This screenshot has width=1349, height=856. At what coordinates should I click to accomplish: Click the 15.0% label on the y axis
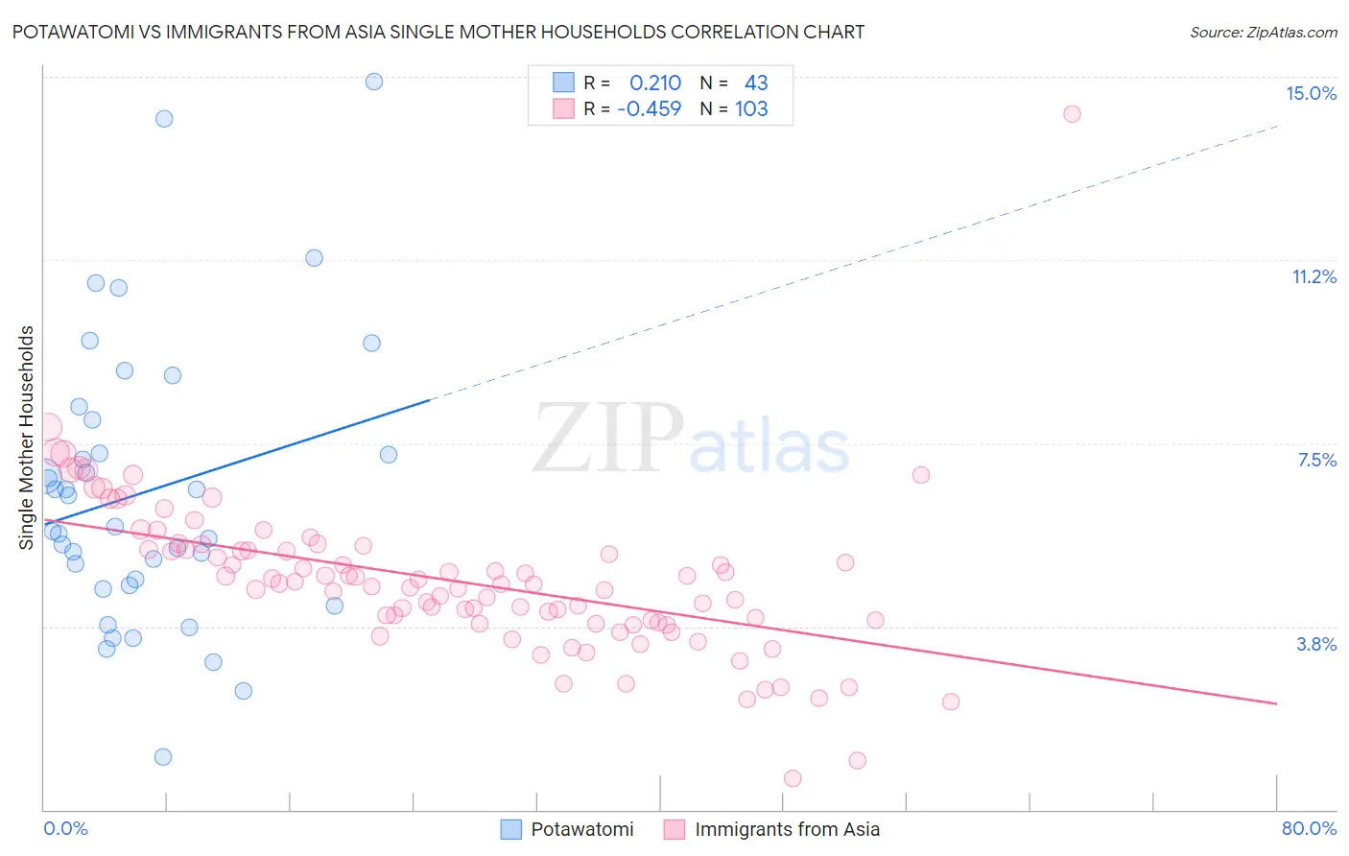click(1310, 93)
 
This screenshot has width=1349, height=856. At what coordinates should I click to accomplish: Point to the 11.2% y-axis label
click(1313, 277)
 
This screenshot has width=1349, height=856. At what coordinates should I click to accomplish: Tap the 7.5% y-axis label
click(1315, 461)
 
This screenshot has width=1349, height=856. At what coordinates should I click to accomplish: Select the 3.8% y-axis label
click(1315, 645)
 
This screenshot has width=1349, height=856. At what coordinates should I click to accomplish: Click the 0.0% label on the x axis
click(65, 828)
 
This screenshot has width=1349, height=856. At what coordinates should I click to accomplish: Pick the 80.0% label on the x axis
click(1308, 828)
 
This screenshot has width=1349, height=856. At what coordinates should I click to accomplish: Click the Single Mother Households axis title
click(27, 438)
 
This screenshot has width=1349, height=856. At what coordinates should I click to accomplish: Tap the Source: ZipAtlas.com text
click(1263, 32)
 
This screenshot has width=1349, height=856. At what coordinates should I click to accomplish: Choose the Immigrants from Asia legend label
click(786, 829)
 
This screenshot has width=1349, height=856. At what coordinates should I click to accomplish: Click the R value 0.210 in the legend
click(654, 83)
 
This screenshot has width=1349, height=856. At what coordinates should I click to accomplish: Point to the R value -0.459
click(650, 109)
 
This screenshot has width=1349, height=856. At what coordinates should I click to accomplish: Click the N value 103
click(751, 109)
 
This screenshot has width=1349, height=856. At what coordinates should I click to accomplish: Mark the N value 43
click(755, 83)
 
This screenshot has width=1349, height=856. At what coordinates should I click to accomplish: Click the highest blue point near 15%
click(374, 82)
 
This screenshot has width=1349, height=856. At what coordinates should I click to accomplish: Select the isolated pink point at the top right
click(1072, 114)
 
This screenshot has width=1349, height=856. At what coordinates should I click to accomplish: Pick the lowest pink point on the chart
click(793, 778)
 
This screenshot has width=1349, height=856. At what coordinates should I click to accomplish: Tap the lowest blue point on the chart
click(163, 757)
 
